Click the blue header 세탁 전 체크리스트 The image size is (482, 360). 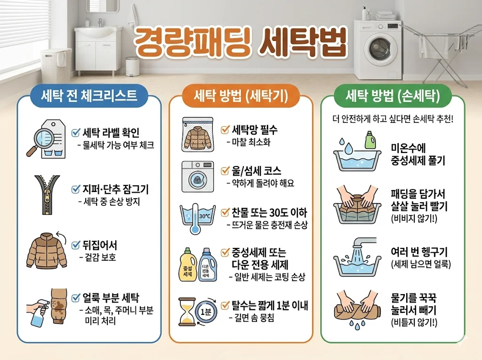pyautogui.click(x=89, y=96)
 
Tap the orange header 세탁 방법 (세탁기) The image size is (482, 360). pyautogui.click(x=241, y=96)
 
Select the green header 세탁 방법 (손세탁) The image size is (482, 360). pyautogui.click(x=393, y=96)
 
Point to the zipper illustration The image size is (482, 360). pyautogui.click(x=47, y=194)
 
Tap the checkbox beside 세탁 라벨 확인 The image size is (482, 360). pyautogui.click(x=76, y=132)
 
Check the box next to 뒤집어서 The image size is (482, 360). pyautogui.click(x=76, y=245)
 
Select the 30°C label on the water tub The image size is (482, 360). pyautogui.click(x=205, y=216)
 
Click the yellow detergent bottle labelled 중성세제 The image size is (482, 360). pyautogui.click(x=187, y=265)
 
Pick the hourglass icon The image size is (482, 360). pyautogui.click(x=187, y=311)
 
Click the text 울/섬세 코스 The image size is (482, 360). pyautogui.click(x=257, y=171)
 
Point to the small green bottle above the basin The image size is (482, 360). pyautogui.click(x=370, y=140)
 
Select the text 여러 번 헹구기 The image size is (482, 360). pyautogui.click(x=419, y=252)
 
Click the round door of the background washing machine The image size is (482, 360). pyautogui.click(x=378, y=48)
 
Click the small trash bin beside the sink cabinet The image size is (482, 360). pyautogui.click(x=132, y=66)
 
